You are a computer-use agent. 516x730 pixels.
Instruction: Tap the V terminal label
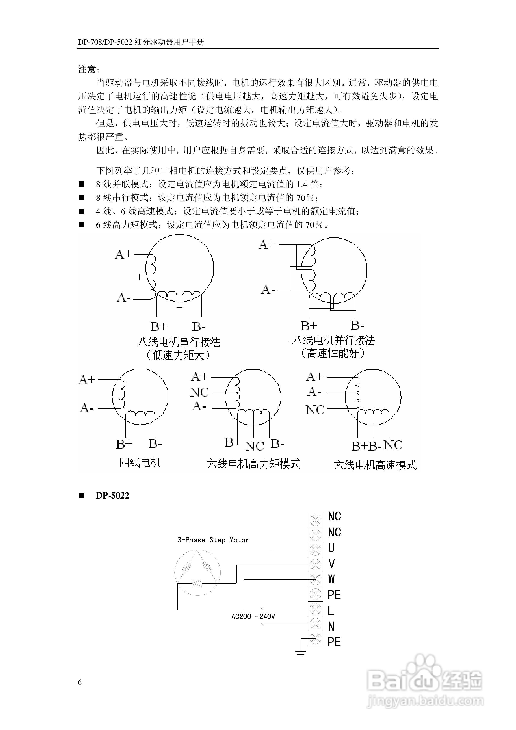[331, 563]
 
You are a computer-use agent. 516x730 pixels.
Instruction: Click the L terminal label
[331, 610]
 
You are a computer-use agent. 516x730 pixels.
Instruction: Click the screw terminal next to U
[315, 549]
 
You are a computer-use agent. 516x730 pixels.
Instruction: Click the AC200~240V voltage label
[253, 616]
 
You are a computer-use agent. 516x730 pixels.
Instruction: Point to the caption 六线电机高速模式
[375, 465]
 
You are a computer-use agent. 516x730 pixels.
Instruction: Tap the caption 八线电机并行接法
[333, 340]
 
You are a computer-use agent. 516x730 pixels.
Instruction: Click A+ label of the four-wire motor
[87, 380]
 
